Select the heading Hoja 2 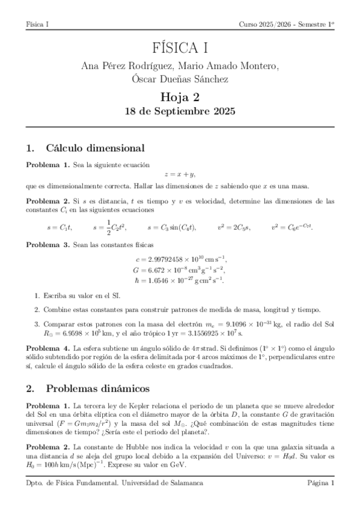(x=180, y=97)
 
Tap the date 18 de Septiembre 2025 (x=180, y=111)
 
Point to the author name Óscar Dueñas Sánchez (x=180, y=79)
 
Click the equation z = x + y (x=180, y=174)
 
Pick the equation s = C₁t (x=58, y=227)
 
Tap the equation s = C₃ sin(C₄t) (x=171, y=227)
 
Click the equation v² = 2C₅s (x=234, y=227)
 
